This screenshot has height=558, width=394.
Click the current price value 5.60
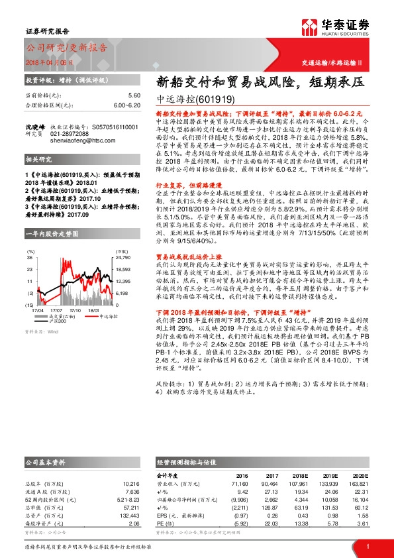(134, 96)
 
